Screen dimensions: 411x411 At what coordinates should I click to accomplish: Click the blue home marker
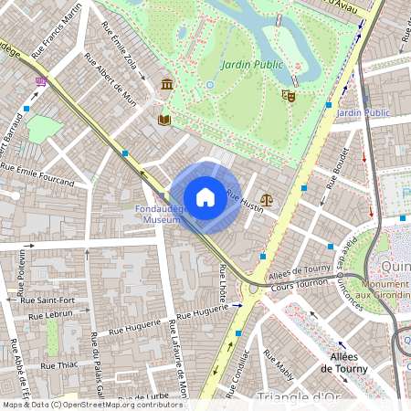205,197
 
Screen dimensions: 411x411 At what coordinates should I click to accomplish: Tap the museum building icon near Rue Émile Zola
167,85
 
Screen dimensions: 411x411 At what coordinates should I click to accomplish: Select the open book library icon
164,120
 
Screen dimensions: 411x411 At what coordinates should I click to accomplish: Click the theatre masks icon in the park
290,95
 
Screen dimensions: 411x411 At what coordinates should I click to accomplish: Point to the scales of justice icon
267,198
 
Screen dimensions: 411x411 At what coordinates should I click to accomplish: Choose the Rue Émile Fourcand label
37,174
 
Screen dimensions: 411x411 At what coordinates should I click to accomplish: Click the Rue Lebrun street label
50,315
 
